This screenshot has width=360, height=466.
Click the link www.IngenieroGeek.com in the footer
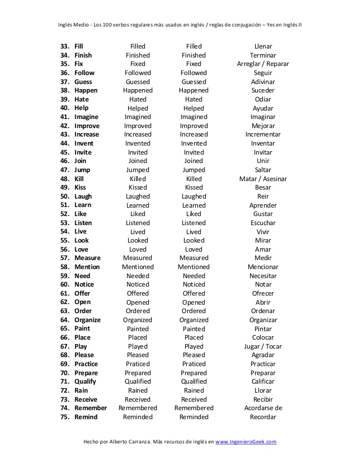(x=246, y=442)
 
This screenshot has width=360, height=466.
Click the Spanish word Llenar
(x=263, y=46)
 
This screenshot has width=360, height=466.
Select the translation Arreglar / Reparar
(x=263, y=64)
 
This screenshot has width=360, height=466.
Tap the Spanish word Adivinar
(x=263, y=82)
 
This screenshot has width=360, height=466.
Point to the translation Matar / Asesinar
(x=263, y=179)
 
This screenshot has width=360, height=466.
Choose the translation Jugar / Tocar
(x=263, y=346)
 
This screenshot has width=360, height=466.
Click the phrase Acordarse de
(x=263, y=408)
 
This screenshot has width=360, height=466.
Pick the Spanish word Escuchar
(x=263, y=223)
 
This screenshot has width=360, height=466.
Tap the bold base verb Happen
(x=86, y=90)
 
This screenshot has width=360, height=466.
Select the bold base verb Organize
(x=87, y=320)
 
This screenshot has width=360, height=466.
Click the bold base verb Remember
(x=90, y=408)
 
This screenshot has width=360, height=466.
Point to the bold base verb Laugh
(x=83, y=196)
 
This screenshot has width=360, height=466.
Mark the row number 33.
(x=64, y=46)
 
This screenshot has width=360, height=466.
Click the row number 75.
(x=64, y=417)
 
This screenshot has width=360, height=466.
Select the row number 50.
(x=64, y=196)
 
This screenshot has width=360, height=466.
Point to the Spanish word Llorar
(x=263, y=390)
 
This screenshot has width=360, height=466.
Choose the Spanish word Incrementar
(x=263, y=135)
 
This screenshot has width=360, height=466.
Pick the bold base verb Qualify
(x=85, y=381)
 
